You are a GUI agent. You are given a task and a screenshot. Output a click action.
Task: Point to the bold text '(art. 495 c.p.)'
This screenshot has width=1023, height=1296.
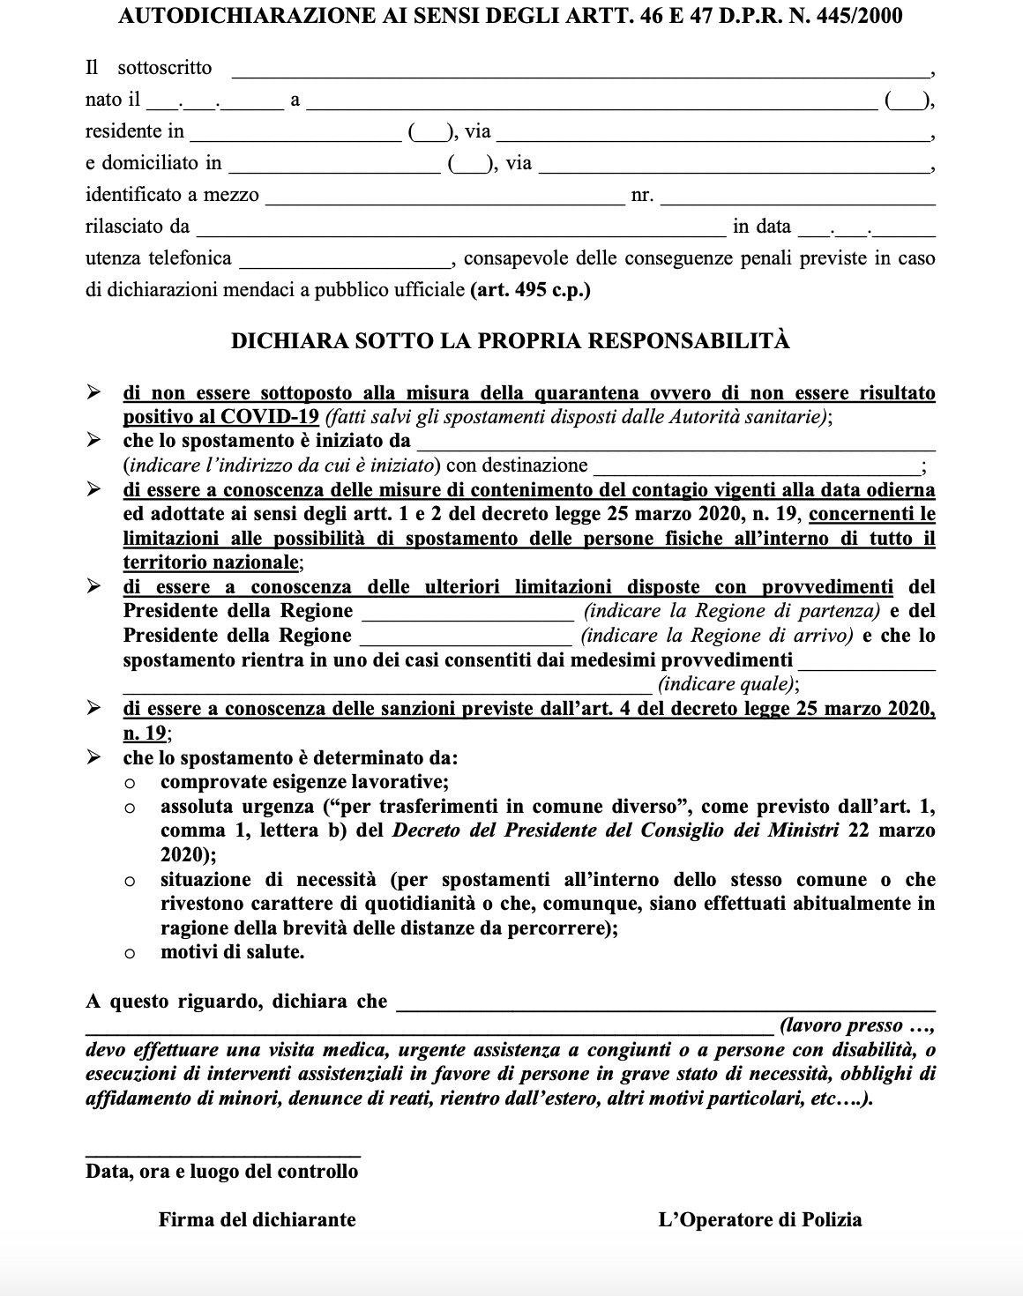click(531, 290)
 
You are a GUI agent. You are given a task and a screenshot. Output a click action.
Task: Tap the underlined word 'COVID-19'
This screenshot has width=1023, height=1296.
click(270, 417)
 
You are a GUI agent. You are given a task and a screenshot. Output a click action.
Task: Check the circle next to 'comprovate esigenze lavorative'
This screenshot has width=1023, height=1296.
click(130, 783)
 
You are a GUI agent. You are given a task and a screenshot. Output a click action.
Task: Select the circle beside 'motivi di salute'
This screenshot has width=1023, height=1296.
click(130, 953)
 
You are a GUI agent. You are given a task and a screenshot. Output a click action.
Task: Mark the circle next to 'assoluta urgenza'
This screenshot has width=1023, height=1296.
click(130, 807)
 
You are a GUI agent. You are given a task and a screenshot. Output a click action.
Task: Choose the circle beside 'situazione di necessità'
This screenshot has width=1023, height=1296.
click(130, 880)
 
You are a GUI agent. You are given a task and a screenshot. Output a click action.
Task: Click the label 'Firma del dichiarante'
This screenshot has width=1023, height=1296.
click(258, 1220)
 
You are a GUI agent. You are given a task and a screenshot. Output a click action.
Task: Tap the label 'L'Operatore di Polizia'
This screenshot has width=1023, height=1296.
click(760, 1220)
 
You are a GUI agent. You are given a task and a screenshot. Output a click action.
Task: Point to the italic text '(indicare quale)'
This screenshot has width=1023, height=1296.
click(728, 684)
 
